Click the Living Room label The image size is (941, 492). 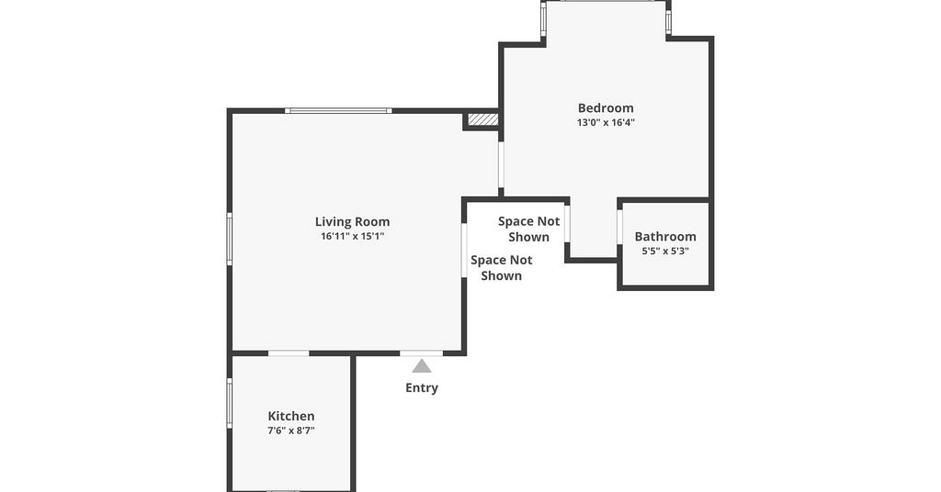[352, 222]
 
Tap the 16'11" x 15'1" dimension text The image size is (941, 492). [352, 236]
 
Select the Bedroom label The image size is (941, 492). [606, 108]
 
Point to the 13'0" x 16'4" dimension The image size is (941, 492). [606, 122]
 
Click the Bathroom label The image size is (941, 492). [665, 237]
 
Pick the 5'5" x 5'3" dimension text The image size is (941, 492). [665, 252]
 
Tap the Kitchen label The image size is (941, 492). [291, 416]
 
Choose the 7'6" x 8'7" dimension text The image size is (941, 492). [291, 430]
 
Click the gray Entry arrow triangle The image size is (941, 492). [421, 365]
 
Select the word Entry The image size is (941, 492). [421, 387]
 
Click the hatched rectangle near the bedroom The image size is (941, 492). [482, 120]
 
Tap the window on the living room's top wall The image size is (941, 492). [338, 110]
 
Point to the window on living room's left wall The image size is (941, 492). [229, 239]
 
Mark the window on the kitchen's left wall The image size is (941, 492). [229, 403]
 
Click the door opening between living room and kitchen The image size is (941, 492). [289, 353]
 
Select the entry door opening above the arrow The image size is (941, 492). [421, 353]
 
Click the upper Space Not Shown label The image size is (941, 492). [528, 229]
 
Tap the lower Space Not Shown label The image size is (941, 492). [501, 268]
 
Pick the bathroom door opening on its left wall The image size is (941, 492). [620, 227]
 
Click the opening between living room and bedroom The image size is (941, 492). [501, 165]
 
